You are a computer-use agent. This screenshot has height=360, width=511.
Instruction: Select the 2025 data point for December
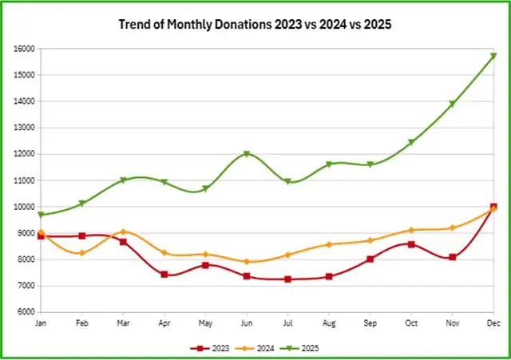pos(493,56)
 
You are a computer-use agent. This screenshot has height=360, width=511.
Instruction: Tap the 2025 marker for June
pos(247,154)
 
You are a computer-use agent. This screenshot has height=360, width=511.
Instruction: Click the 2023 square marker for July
pos(287,279)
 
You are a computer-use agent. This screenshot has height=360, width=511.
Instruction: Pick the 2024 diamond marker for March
pos(123,231)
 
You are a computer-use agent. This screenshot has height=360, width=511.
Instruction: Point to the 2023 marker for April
pos(164,275)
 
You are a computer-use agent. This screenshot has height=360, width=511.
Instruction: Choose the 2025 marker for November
pos(452,105)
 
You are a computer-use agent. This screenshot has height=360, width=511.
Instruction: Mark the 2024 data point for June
pos(247,262)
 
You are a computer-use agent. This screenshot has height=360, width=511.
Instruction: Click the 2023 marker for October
pos(411,244)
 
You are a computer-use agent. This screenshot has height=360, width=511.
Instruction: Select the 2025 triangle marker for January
pos(41,216)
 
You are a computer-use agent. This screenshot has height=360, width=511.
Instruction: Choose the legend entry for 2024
pos(255,348)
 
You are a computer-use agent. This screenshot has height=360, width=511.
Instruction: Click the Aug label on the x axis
pos(328,323)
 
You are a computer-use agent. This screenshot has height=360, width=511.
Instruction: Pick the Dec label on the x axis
pos(493,323)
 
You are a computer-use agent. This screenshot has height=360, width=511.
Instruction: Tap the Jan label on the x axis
pos(41,323)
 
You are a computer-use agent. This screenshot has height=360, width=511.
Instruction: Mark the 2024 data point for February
pos(81,253)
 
